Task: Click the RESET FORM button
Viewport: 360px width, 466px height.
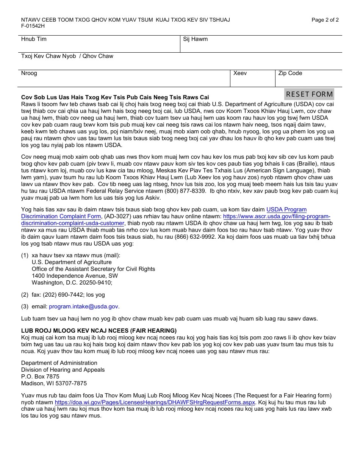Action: click(309, 94)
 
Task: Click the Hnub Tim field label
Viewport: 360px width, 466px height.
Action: click(34, 39)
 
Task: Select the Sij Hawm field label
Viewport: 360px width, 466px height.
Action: click(195, 39)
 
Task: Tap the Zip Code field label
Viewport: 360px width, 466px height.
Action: click(290, 73)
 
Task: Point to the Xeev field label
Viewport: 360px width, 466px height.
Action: click(240, 73)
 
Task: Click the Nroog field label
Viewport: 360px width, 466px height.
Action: click(29, 73)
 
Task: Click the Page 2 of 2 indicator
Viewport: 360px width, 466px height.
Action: click(325, 20)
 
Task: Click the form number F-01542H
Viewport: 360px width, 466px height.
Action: click(33, 26)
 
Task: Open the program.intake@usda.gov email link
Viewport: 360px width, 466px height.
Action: click(84, 306)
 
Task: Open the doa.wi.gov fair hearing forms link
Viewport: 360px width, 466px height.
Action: click(155, 402)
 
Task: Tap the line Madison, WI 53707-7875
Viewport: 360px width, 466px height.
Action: click(54, 383)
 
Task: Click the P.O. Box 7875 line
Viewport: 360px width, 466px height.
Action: click(40, 377)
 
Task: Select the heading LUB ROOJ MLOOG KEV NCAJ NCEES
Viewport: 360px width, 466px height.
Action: click(99, 331)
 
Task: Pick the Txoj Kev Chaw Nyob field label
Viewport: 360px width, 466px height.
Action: click(49, 56)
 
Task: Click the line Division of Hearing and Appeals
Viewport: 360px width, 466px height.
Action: click(63, 370)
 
